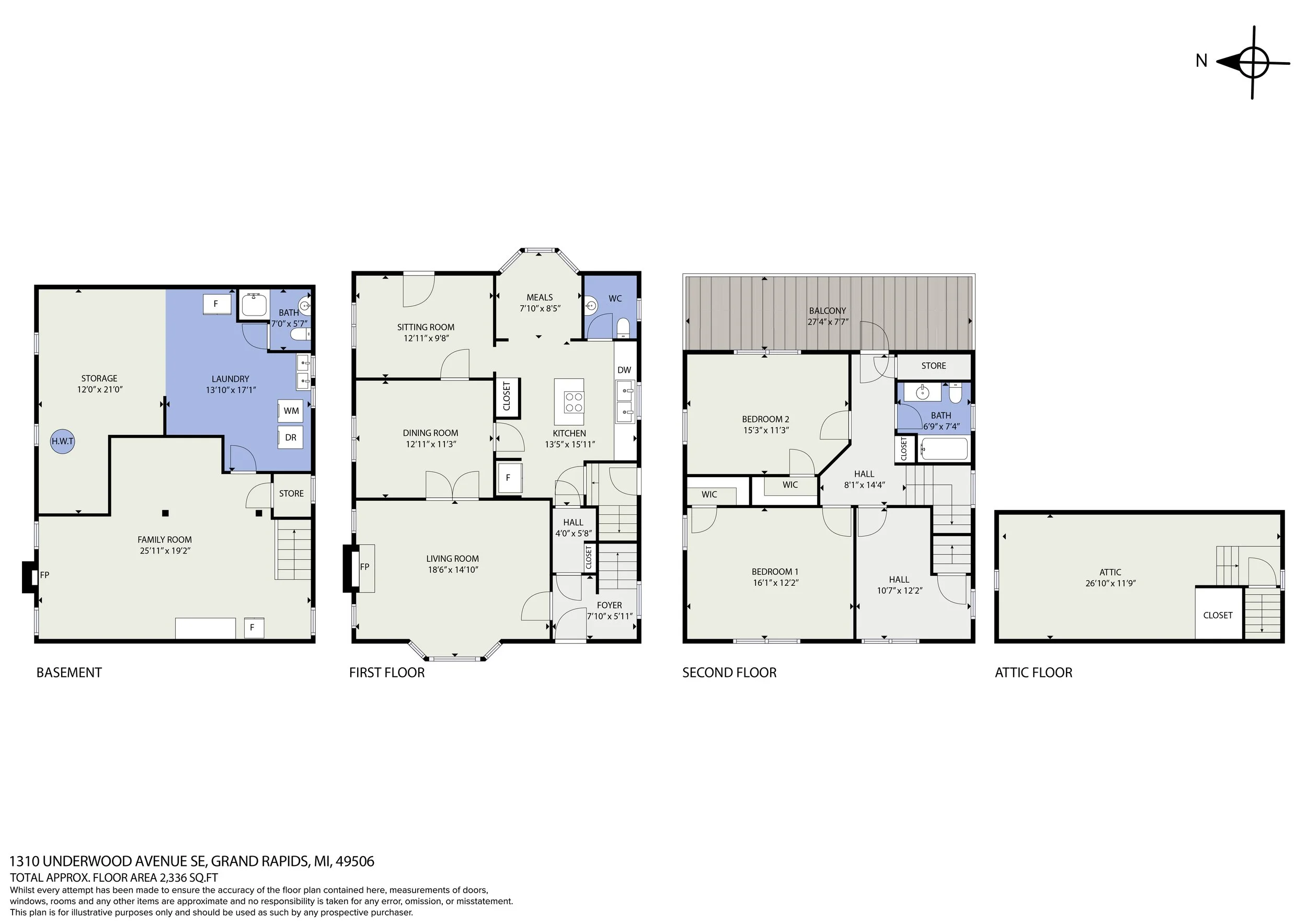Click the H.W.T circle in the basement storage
[63, 441]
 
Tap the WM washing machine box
[291, 410]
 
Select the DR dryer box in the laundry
[290, 437]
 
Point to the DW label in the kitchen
[624, 370]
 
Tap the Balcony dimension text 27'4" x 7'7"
[828, 321]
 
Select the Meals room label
[539, 297]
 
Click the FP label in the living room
[364, 567]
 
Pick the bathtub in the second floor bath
[944, 449]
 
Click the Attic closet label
[1218, 615]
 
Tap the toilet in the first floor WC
[623, 328]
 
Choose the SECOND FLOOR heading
[729, 673]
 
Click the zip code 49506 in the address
[354, 861]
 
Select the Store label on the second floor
[934, 366]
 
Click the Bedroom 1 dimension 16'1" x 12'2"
[775, 583]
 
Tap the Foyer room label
[609, 605]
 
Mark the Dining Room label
[430, 433]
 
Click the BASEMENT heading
[69, 673]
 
